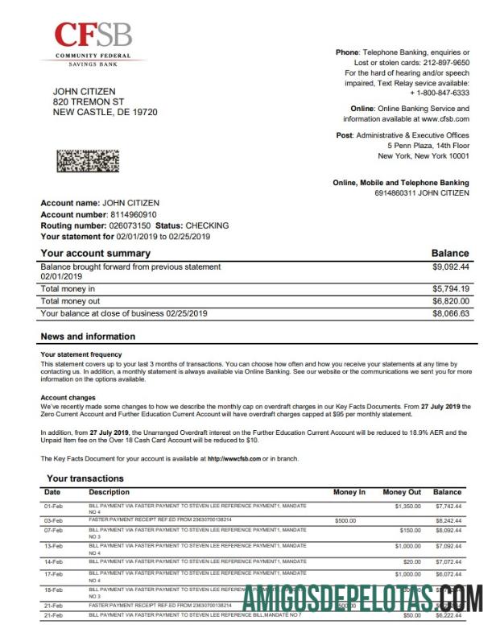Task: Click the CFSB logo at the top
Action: pyautogui.click(x=93, y=43)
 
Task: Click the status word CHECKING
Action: pyautogui.click(x=207, y=226)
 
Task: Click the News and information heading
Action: pyautogui.click(x=88, y=337)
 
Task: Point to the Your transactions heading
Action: pyautogui.click(x=85, y=478)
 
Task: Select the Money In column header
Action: pyautogui.click(x=349, y=492)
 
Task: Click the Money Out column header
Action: pyautogui.click(x=402, y=492)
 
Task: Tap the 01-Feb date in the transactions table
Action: pyautogui.click(x=52, y=507)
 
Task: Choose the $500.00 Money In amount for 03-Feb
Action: pyautogui.click(x=345, y=521)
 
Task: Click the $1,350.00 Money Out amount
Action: pyautogui.click(x=408, y=507)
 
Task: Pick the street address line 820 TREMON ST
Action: pyautogui.click(x=89, y=102)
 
